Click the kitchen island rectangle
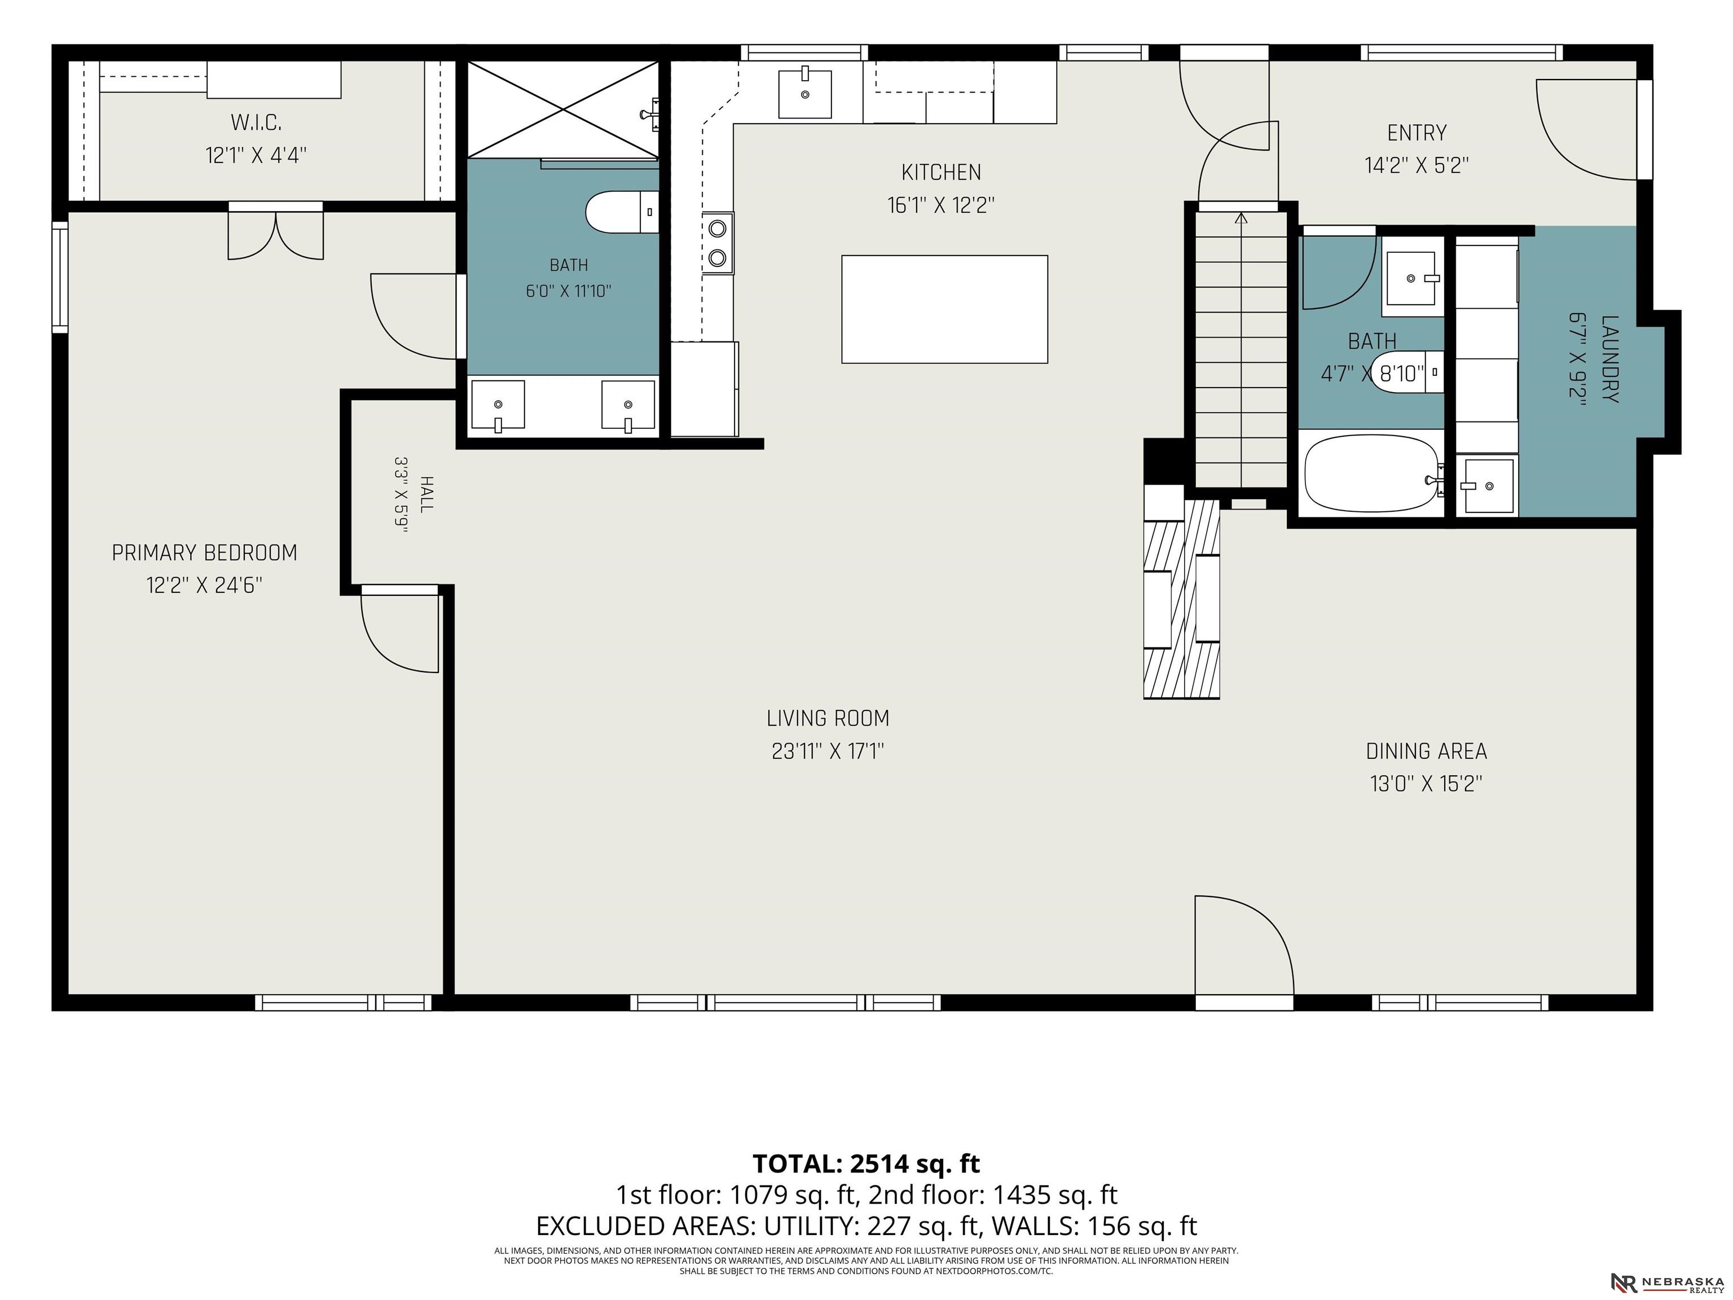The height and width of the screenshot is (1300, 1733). click(x=944, y=309)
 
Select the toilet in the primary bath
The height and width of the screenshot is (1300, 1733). click(x=622, y=212)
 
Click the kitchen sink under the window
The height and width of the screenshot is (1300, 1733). click(x=804, y=93)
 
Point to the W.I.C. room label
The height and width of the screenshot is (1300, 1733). click(x=256, y=122)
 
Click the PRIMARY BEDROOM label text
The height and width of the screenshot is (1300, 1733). click(x=204, y=553)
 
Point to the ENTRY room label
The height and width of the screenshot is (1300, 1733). click(x=1417, y=133)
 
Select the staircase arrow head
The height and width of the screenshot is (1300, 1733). click(x=1241, y=218)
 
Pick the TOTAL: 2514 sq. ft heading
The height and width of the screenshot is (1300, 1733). click(x=866, y=1163)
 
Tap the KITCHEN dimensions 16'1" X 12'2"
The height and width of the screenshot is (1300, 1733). click(x=941, y=205)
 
